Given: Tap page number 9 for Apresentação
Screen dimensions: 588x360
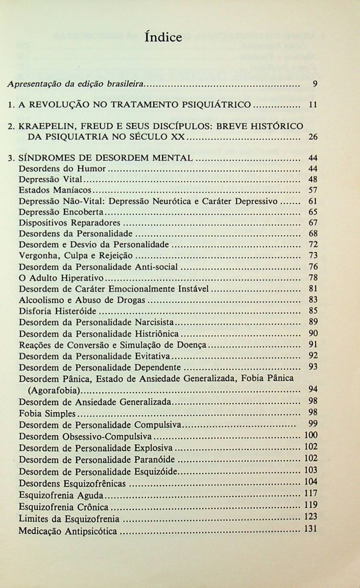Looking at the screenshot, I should pos(315,84).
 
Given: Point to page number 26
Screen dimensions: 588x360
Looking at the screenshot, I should pos(313,137).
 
